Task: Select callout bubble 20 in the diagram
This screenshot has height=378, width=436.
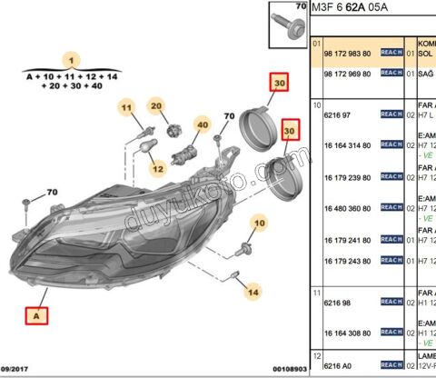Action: (x=156, y=107)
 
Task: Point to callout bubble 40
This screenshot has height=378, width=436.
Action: (x=202, y=124)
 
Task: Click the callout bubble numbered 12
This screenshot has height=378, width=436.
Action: (x=157, y=168)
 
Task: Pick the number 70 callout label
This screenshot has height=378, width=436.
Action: (x=52, y=193)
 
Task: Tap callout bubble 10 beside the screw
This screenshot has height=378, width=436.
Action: (x=259, y=223)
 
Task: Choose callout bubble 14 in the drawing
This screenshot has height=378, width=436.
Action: (x=253, y=292)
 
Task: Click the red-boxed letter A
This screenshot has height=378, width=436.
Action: (x=37, y=316)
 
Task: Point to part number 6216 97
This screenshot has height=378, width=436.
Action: (x=337, y=115)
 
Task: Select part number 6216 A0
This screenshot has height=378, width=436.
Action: (x=337, y=365)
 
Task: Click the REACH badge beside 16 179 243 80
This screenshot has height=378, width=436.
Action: (x=391, y=261)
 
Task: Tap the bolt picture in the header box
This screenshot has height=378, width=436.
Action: (x=290, y=23)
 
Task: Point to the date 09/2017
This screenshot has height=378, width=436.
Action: (x=17, y=369)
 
